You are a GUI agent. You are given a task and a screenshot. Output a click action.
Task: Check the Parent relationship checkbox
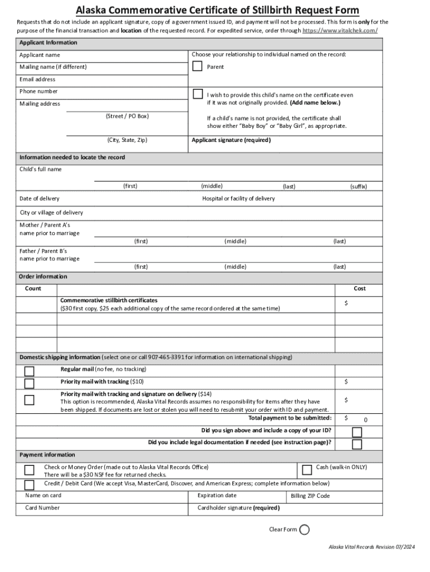[x=197, y=66]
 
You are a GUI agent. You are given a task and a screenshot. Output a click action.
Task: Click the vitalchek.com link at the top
[x=340, y=30]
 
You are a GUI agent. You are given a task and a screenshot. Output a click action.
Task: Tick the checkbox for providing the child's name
[x=197, y=94]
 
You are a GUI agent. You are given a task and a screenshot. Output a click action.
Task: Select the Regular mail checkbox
[x=29, y=371]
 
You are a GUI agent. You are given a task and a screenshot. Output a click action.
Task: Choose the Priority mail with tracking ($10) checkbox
[x=29, y=383]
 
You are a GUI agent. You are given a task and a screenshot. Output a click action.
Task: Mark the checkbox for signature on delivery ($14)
[x=29, y=399]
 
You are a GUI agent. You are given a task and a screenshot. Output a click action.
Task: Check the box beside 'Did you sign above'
[x=356, y=432]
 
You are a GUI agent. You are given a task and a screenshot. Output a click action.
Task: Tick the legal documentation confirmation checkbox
[x=356, y=444]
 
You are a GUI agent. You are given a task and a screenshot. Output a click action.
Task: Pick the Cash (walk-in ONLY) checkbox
[x=307, y=469]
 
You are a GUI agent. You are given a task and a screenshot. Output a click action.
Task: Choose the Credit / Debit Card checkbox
[x=29, y=484]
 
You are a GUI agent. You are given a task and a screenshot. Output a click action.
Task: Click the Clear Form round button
[x=304, y=530]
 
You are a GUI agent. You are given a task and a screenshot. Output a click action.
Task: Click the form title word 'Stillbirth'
[x=291, y=10]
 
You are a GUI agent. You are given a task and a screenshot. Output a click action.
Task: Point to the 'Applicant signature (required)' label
[x=231, y=140]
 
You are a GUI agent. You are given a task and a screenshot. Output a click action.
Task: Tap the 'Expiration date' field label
[x=217, y=495]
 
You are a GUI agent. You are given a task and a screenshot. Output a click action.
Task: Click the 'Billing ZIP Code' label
[x=310, y=496]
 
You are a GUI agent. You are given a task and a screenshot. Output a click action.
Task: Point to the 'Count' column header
[x=33, y=289]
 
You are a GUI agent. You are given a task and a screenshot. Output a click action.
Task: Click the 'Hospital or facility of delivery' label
[x=238, y=199]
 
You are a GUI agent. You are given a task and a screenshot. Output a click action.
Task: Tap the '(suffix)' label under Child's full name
[x=359, y=187]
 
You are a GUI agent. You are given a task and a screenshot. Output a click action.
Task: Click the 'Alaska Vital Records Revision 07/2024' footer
[x=372, y=546]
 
